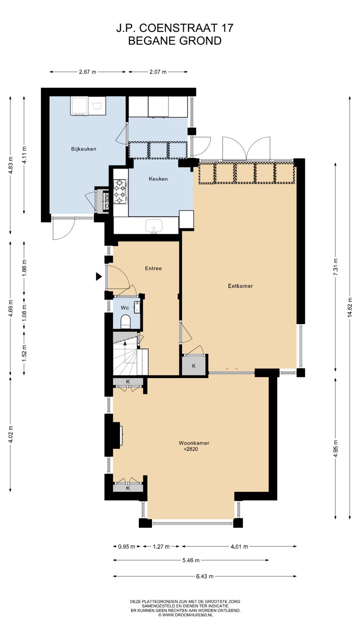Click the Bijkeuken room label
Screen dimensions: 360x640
(x=84, y=149)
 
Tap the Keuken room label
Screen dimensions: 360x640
(x=158, y=179)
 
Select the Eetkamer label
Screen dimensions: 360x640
(x=240, y=286)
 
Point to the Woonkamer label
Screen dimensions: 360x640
(x=194, y=443)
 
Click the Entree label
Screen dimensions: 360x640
(x=153, y=268)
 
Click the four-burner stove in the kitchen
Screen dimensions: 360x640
(x=120, y=191)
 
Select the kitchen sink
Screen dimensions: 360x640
(x=154, y=226)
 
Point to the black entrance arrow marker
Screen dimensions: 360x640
(x=99, y=276)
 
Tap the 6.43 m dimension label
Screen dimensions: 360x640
(x=205, y=576)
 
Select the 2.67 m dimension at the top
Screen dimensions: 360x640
(x=88, y=72)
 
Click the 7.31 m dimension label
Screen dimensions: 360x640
(x=336, y=267)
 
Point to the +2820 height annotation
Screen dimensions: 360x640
(x=191, y=449)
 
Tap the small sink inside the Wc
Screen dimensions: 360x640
(x=137, y=307)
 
